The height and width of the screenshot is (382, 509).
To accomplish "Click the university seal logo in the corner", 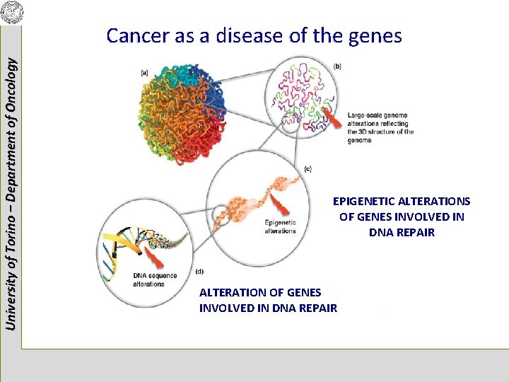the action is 12,12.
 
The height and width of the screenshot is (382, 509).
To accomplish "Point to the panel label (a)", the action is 145,71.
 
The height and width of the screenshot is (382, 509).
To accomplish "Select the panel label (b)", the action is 337,66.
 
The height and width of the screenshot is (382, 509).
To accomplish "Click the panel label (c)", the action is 308,169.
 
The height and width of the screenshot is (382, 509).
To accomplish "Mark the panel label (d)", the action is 199,272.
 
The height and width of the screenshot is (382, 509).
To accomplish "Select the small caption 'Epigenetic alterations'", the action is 281,227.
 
